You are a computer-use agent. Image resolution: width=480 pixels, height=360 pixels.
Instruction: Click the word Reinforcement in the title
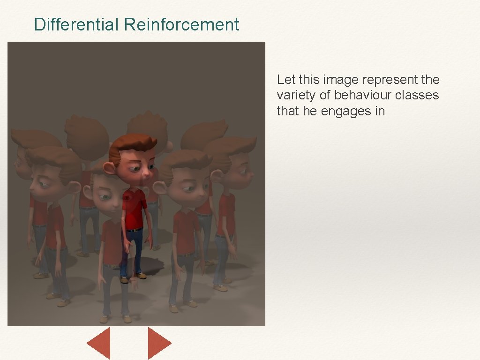[x=181, y=24]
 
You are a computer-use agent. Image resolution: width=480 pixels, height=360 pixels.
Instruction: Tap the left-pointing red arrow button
[x=99, y=343]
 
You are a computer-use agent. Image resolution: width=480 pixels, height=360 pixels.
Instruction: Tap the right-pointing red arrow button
[x=159, y=343]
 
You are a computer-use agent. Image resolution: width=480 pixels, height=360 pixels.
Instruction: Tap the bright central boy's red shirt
[x=135, y=209]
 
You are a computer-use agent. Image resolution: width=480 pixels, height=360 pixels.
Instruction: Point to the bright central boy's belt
[x=135, y=229]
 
